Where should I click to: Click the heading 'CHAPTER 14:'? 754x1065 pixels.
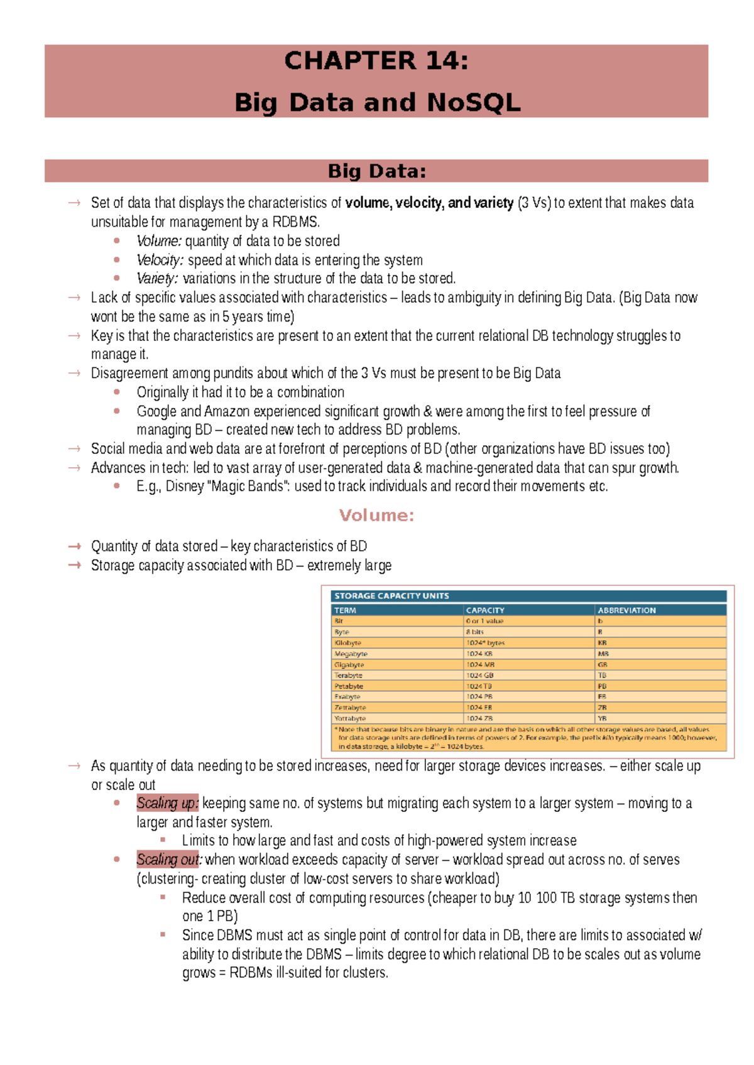point(376,61)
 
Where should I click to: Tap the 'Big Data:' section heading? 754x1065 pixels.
point(376,171)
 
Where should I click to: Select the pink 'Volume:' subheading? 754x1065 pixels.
point(376,516)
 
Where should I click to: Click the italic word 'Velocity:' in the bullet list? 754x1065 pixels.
point(160,260)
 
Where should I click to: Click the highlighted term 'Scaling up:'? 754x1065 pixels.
point(167,803)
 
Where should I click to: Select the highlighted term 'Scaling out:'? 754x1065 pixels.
point(168,860)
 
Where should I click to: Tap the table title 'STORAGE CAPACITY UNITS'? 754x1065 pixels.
point(391,596)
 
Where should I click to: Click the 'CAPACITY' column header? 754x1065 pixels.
point(485,610)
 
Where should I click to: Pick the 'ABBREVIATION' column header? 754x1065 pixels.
point(626,610)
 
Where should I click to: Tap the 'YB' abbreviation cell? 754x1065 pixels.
point(602,718)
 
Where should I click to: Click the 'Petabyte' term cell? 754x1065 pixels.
point(349,686)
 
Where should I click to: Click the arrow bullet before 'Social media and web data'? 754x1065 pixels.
point(74,449)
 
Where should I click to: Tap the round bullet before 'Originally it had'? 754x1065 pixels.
point(117,392)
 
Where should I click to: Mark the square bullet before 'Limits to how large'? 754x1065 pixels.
point(163,840)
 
